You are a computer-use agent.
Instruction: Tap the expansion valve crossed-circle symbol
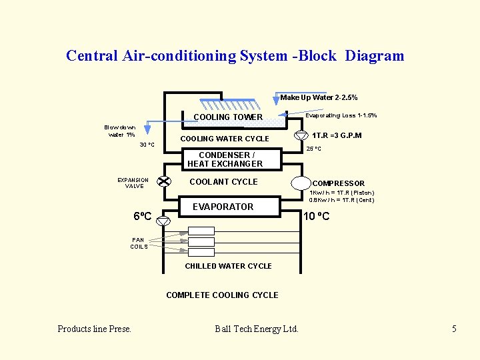[164, 181]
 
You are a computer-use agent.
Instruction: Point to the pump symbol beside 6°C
[163, 221]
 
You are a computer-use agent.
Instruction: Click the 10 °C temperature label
[316, 217]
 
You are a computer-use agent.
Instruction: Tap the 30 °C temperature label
[147, 145]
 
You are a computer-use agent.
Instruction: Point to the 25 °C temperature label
[314, 149]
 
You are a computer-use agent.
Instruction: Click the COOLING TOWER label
[228, 117]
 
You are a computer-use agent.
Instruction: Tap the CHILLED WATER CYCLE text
[228, 266]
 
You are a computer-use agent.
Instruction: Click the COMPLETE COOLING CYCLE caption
[222, 295]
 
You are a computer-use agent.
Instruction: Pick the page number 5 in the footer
[454, 329]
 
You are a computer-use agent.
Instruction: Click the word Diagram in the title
[375, 56]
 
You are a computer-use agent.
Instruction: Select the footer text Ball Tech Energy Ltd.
[257, 329]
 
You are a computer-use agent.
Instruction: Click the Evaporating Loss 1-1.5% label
[341, 115]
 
